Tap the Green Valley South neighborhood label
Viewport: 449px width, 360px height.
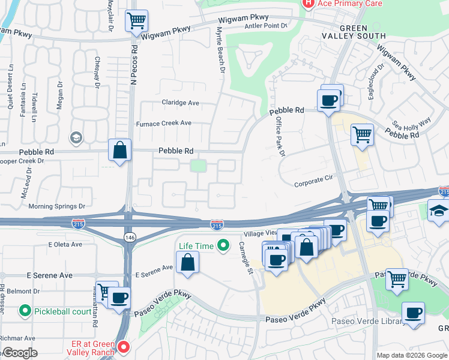(x=364, y=32)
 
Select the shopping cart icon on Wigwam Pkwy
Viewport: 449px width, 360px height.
(x=136, y=21)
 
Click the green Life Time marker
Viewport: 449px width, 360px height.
(x=223, y=245)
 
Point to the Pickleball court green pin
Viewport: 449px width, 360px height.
(x=25, y=311)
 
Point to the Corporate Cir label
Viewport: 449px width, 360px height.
(x=313, y=178)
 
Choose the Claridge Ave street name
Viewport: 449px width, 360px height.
(x=180, y=103)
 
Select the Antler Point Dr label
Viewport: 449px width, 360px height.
(x=267, y=26)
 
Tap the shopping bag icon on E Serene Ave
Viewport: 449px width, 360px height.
(x=188, y=262)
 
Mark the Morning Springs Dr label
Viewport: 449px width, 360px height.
(x=57, y=206)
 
